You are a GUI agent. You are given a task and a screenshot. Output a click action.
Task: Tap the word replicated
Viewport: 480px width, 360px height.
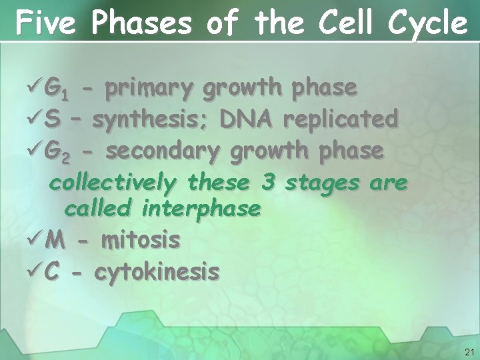pos(341,119)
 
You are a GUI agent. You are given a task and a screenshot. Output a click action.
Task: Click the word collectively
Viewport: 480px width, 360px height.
pos(114,182)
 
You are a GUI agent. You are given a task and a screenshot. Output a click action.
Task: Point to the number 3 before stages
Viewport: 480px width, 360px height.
pos(267,181)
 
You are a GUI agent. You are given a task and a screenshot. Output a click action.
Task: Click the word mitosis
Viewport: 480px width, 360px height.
pos(140,240)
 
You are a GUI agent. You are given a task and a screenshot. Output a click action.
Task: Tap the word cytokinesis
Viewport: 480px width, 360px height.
pos(157,271)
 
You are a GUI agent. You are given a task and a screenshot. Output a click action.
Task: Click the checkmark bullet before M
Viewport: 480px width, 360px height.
pos(35,240)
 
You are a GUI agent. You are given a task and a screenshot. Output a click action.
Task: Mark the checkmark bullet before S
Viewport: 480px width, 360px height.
pos(35,120)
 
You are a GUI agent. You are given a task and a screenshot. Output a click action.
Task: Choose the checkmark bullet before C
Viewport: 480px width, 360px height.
pos(35,271)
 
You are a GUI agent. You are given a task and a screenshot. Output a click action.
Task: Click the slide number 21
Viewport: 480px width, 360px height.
pos(469,351)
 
